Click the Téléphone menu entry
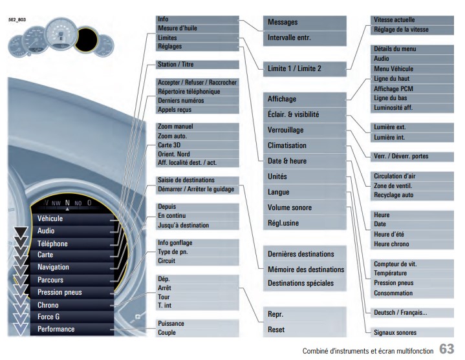52,244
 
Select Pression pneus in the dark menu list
59,292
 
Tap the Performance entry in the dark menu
56,329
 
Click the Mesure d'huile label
177,28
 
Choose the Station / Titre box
197,64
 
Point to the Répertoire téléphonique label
189,92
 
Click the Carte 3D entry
169,145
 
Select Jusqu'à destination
183,225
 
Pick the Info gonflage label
175,243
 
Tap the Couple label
167,332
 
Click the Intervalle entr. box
305,38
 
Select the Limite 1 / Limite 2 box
305,69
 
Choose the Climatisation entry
287,145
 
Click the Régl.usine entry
283,223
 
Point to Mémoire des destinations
306,270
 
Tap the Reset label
276,330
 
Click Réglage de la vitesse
401,30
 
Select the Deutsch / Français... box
412,313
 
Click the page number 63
447,349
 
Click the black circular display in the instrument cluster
86,39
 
